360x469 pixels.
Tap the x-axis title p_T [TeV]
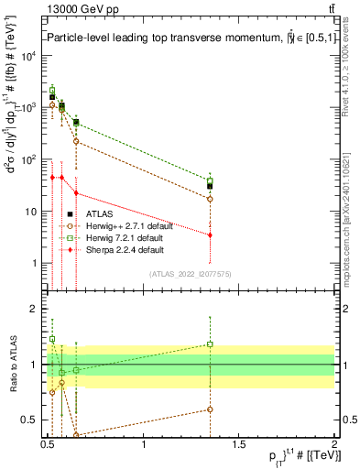click(292, 457)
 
